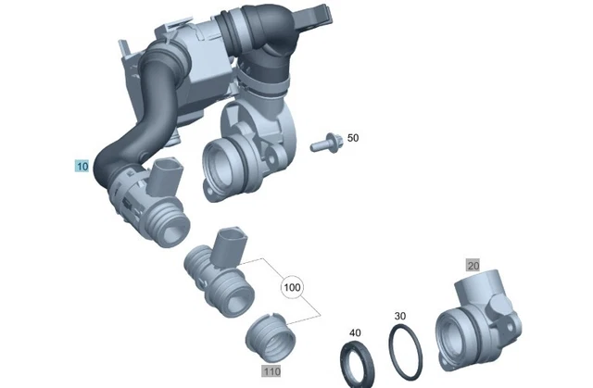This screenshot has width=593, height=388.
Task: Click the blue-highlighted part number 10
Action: (82, 167)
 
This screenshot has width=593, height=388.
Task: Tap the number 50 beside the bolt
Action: (352, 138)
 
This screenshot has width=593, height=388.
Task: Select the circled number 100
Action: (293, 288)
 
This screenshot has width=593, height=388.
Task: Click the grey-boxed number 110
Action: (271, 371)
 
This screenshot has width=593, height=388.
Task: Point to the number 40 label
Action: (354, 332)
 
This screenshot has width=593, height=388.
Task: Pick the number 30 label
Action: (399, 316)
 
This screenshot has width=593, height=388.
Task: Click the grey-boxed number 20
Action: (473, 265)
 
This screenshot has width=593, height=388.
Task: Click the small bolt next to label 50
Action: (325, 144)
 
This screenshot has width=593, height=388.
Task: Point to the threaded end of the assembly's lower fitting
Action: (170, 225)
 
